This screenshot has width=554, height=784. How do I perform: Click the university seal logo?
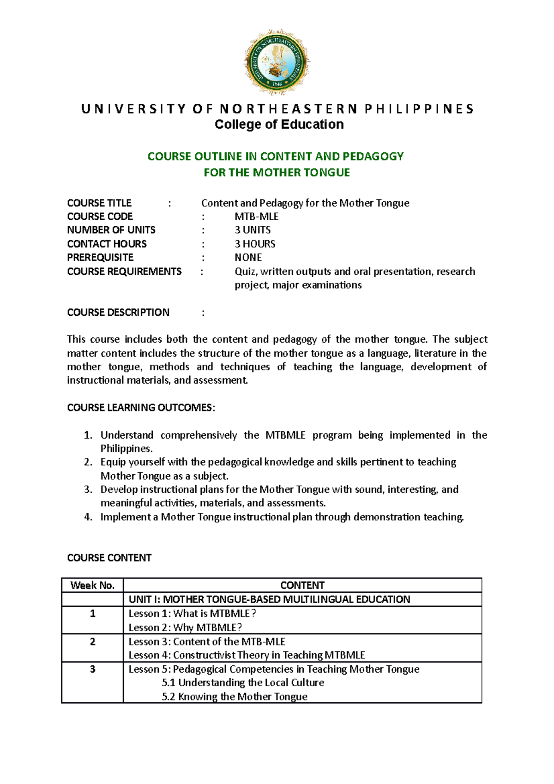coord(277,62)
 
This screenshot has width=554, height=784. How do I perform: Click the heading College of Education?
coord(279,125)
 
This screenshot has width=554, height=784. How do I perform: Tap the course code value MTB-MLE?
coord(256,217)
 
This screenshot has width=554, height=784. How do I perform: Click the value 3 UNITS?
coord(253,230)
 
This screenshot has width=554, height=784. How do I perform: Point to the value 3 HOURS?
coord(255,244)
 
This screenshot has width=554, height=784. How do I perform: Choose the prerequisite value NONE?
coord(248,257)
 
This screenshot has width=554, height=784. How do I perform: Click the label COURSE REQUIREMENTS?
coord(124,271)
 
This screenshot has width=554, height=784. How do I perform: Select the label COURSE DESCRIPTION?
coord(118,313)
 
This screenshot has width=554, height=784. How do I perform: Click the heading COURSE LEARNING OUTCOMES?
coord(141,408)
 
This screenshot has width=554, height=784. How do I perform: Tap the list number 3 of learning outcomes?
coord(88,489)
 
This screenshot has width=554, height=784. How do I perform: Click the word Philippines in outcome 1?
coord(126,449)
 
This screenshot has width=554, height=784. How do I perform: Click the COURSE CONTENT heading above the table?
coord(109,558)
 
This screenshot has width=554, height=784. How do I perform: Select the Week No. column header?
coord(92,585)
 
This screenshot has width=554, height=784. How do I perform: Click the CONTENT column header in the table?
coord(302,585)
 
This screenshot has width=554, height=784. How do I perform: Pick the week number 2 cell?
coord(92,642)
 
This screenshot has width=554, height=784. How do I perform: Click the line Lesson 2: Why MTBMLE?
coord(185,627)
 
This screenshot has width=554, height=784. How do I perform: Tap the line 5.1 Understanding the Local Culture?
coord(243,683)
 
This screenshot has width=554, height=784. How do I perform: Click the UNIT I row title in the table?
coord(269,599)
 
